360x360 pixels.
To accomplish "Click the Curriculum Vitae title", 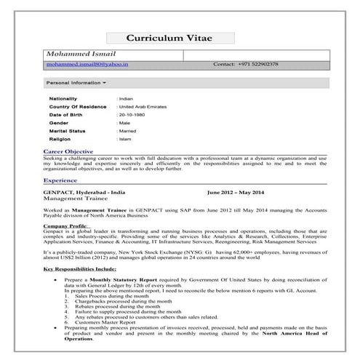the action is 179,38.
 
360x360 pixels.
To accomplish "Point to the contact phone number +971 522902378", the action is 246,65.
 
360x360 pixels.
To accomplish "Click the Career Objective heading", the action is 68,151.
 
